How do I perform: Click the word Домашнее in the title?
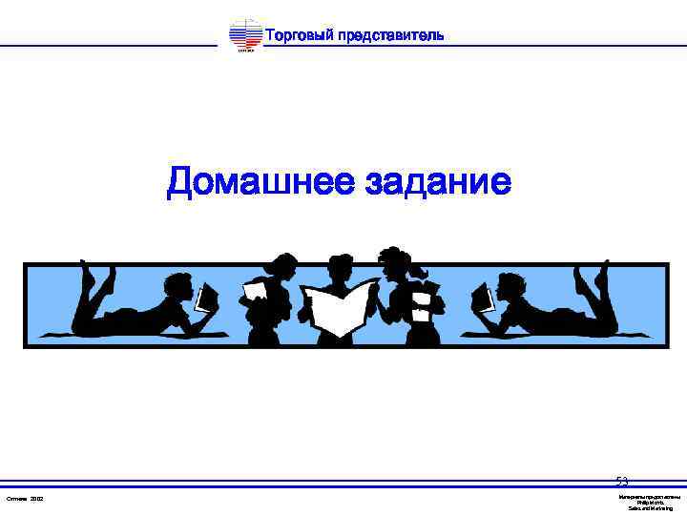coord(259,181)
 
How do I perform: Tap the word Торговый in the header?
coord(298,36)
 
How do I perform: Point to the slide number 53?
coord(622,482)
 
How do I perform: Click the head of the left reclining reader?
coord(178,285)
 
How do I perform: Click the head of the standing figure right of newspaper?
coord(393,261)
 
